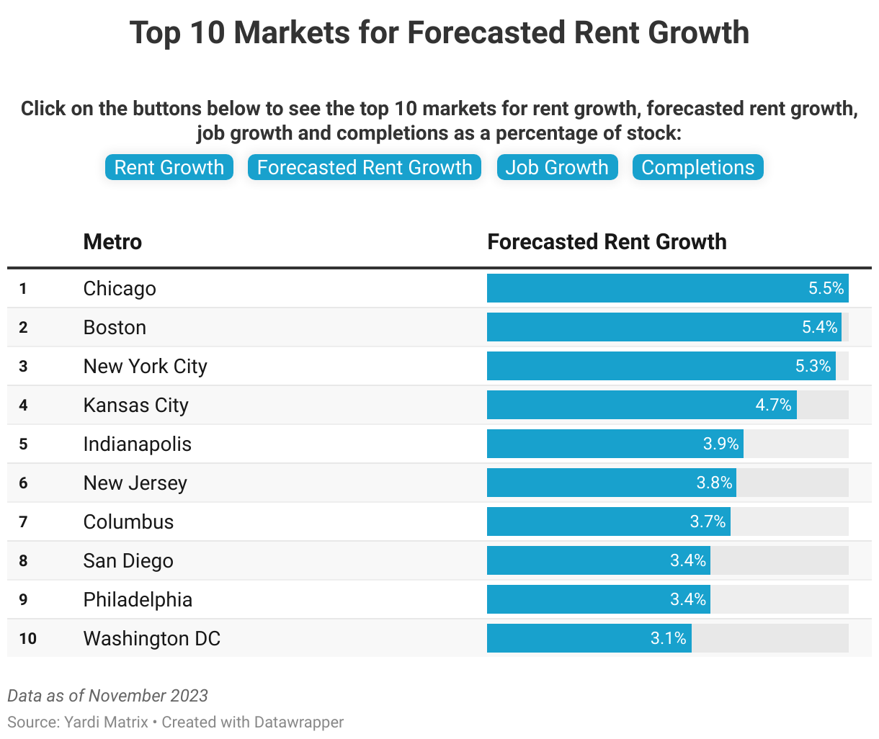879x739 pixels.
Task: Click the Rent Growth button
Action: tap(169, 168)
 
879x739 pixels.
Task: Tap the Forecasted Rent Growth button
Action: tap(365, 168)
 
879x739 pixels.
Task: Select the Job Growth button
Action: tap(557, 168)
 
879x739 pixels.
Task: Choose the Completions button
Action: tap(697, 168)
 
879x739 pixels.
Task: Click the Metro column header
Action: tap(112, 242)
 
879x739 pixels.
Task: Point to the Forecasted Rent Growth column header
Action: tap(607, 242)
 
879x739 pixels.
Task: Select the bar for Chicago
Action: tap(648, 288)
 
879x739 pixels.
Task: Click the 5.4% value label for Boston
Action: tap(820, 327)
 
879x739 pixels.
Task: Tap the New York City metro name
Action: tap(145, 366)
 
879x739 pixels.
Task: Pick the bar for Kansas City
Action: tap(620, 405)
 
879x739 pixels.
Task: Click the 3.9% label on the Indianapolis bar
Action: tap(720, 444)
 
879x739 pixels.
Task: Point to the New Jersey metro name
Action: tap(135, 483)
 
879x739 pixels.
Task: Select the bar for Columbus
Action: tap(591, 521)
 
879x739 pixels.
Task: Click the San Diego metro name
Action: tap(128, 560)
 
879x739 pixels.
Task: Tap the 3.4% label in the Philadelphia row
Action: tap(688, 599)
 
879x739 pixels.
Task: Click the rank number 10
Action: tap(27, 638)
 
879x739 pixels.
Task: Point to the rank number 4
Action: tap(23, 405)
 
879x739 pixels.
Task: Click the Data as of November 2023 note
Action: tap(107, 696)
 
